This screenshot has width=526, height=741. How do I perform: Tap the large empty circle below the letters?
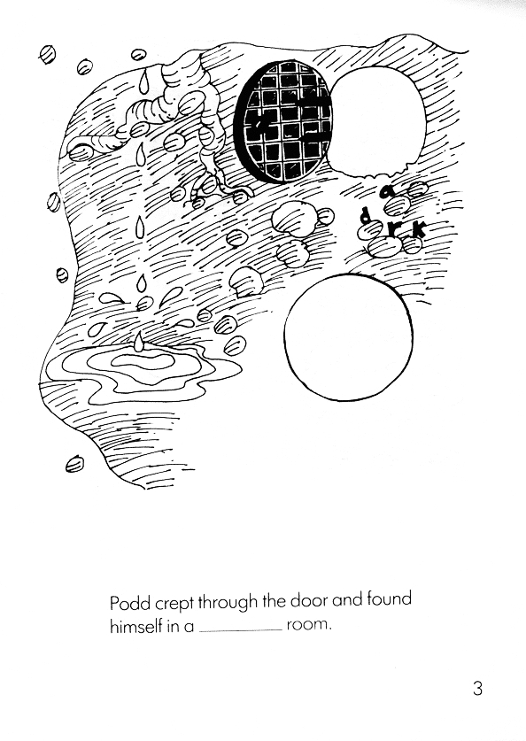pyautogui.click(x=348, y=337)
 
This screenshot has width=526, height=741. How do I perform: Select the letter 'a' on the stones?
pyautogui.click(x=387, y=191)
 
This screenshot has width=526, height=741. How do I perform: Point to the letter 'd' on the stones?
pyautogui.click(x=365, y=216)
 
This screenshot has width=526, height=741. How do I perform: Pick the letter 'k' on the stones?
pyautogui.click(x=419, y=229)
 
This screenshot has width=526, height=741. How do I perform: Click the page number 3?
pyautogui.click(x=477, y=688)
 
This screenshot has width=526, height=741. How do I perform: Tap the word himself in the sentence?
pyautogui.click(x=135, y=627)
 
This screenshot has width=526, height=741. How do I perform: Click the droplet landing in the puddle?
pyautogui.click(x=138, y=343)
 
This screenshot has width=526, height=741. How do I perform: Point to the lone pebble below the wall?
pyautogui.click(x=75, y=463)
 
